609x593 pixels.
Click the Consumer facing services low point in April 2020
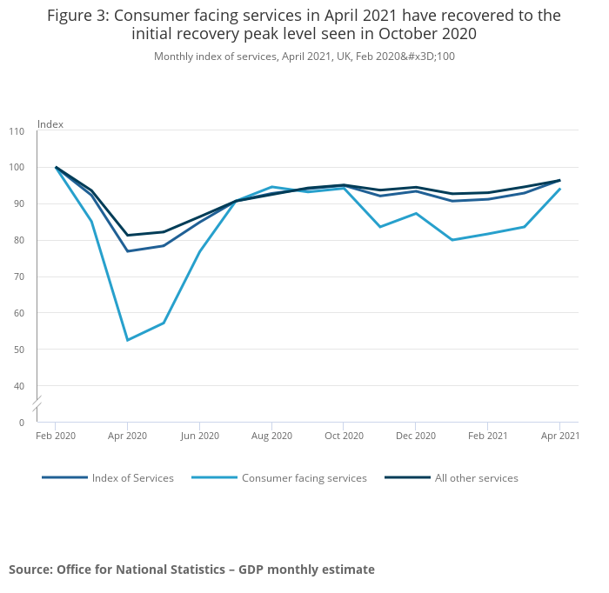pos(128,340)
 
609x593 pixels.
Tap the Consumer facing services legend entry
pos(304,478)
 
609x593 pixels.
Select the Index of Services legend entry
pos(132,478)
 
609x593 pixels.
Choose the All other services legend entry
pos(476,478)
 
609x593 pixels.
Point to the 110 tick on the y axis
pos(17,131)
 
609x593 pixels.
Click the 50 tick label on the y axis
pos(19,350)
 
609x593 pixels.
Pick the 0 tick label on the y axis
pos(22,423)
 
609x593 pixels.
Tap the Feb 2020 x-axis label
pos(56,435)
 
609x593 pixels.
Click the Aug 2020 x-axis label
pos(271,435)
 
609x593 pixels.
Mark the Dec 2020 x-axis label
pos(415,435)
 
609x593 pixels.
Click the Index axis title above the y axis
pos(50,124)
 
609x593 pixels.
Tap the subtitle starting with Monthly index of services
pos(304,57)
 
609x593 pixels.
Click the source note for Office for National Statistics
pos(191,570)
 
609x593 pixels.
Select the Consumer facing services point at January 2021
pos(452,240)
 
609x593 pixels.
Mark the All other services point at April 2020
pos(128,235)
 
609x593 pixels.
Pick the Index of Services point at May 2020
pos(164,245)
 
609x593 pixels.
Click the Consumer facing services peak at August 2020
pos(271,186)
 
